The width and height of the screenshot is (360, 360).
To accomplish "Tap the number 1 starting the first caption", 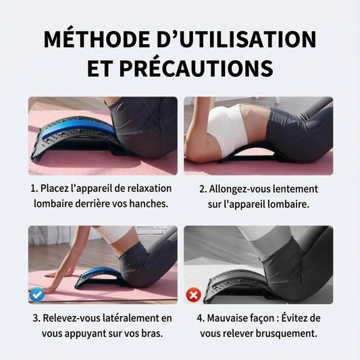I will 33,188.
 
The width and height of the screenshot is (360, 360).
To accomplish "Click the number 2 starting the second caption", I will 202,188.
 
